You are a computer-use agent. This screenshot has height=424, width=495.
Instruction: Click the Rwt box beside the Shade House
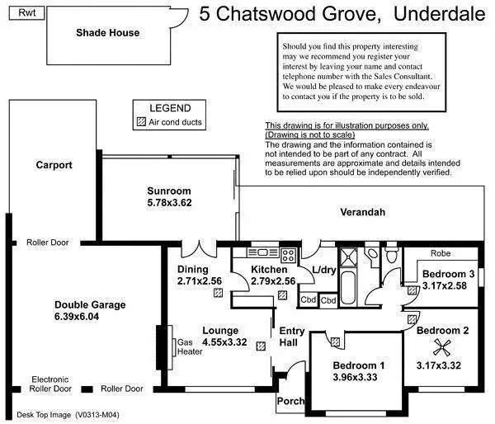27,13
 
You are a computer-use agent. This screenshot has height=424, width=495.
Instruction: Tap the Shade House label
107,33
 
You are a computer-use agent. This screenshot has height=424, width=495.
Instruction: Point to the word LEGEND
170,108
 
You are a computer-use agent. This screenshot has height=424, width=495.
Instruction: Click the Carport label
54,165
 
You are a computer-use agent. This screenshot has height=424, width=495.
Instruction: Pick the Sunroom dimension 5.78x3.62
169,202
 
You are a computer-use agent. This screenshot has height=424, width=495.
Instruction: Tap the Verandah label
363,212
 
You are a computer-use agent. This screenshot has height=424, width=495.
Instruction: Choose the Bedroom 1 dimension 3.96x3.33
359,377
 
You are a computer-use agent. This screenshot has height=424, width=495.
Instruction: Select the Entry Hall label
292,337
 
